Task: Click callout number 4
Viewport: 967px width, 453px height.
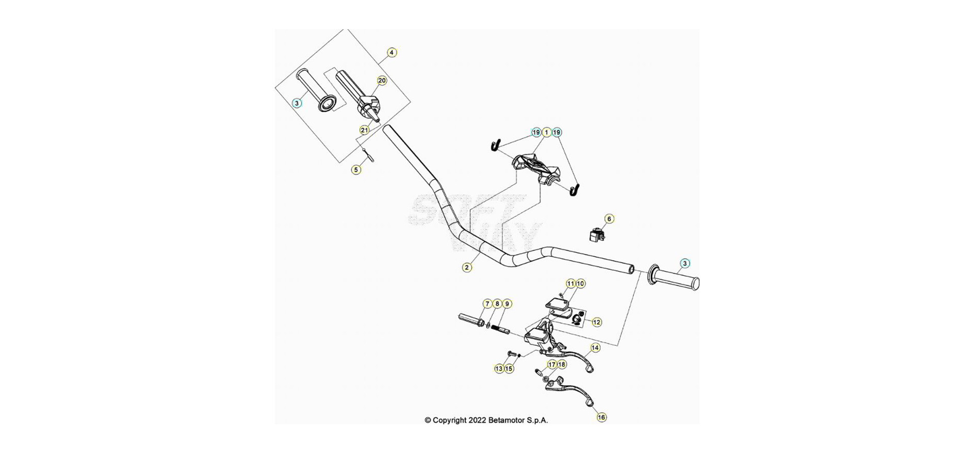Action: click(x=392, y=52)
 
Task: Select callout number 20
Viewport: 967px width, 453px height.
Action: click(x=382, y=81)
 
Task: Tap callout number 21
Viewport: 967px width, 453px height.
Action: click(x=365, y=130)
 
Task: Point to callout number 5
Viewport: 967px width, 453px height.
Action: click(x=356, y=170)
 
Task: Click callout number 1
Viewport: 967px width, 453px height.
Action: click(x=546, y=132)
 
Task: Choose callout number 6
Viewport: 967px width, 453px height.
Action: click(x=609, y=219)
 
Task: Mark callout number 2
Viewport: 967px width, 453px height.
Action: click(x=467, y=267)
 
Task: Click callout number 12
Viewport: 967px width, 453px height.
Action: click(x=597, y=322)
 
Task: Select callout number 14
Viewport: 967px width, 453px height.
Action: click(x=595, y=348)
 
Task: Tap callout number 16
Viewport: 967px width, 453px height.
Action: click(x=601, y=417)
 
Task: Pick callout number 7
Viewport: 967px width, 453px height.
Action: click(x=487, y=304)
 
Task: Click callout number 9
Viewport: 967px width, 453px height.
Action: click(x=507, y=304)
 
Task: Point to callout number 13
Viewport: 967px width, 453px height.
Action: click(x=499, y=368)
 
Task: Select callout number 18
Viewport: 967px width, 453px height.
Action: click(x=562, y=364)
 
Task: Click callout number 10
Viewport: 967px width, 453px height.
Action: click(x=581, y=284)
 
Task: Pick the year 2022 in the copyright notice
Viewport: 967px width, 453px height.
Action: click(x=477, y=420)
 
